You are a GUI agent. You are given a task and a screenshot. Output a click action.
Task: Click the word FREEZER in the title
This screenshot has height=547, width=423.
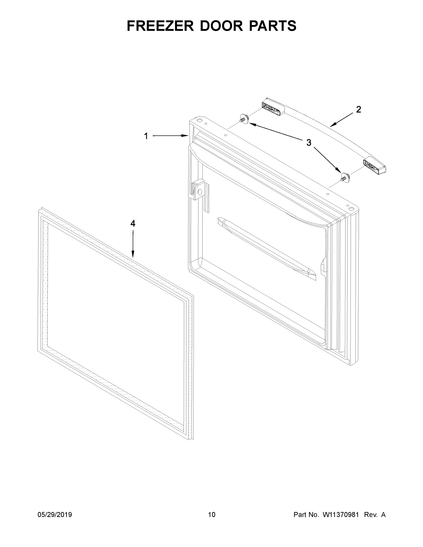point(160,26)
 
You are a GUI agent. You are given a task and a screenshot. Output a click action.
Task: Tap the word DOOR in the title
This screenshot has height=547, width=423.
point(221,26)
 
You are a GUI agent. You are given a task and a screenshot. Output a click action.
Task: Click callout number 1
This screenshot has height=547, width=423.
point(146,136)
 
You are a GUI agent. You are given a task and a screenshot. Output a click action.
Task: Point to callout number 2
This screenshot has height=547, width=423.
point(358,109)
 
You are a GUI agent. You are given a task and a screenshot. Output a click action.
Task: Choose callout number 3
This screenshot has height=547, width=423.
point(309,143)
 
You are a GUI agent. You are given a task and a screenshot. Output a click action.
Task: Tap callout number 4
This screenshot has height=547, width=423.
point(133,223)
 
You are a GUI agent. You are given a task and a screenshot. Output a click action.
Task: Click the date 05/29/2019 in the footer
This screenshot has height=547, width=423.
point(55,515)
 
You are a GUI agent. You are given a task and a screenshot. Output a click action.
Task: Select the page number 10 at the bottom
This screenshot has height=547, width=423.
point(212,515)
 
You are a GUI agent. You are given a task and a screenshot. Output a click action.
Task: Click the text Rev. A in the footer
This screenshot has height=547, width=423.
point(375,515)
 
